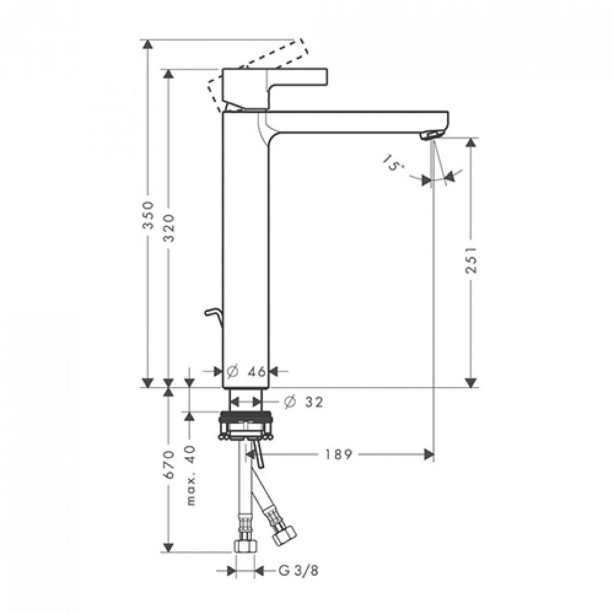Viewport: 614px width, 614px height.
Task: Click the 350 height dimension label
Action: click(148, 215)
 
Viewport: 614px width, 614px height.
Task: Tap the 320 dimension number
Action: click(168, 228)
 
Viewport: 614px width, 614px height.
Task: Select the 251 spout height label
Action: click(471, 260)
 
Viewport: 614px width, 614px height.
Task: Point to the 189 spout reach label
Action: click(339, 455)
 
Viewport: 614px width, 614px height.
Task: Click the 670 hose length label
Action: click(168, 465)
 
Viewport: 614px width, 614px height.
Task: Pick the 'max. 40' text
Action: click(191, 475)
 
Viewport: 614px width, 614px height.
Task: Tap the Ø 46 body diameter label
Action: click(246, 371)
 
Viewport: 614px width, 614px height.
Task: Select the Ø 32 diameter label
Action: click(304, 402)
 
